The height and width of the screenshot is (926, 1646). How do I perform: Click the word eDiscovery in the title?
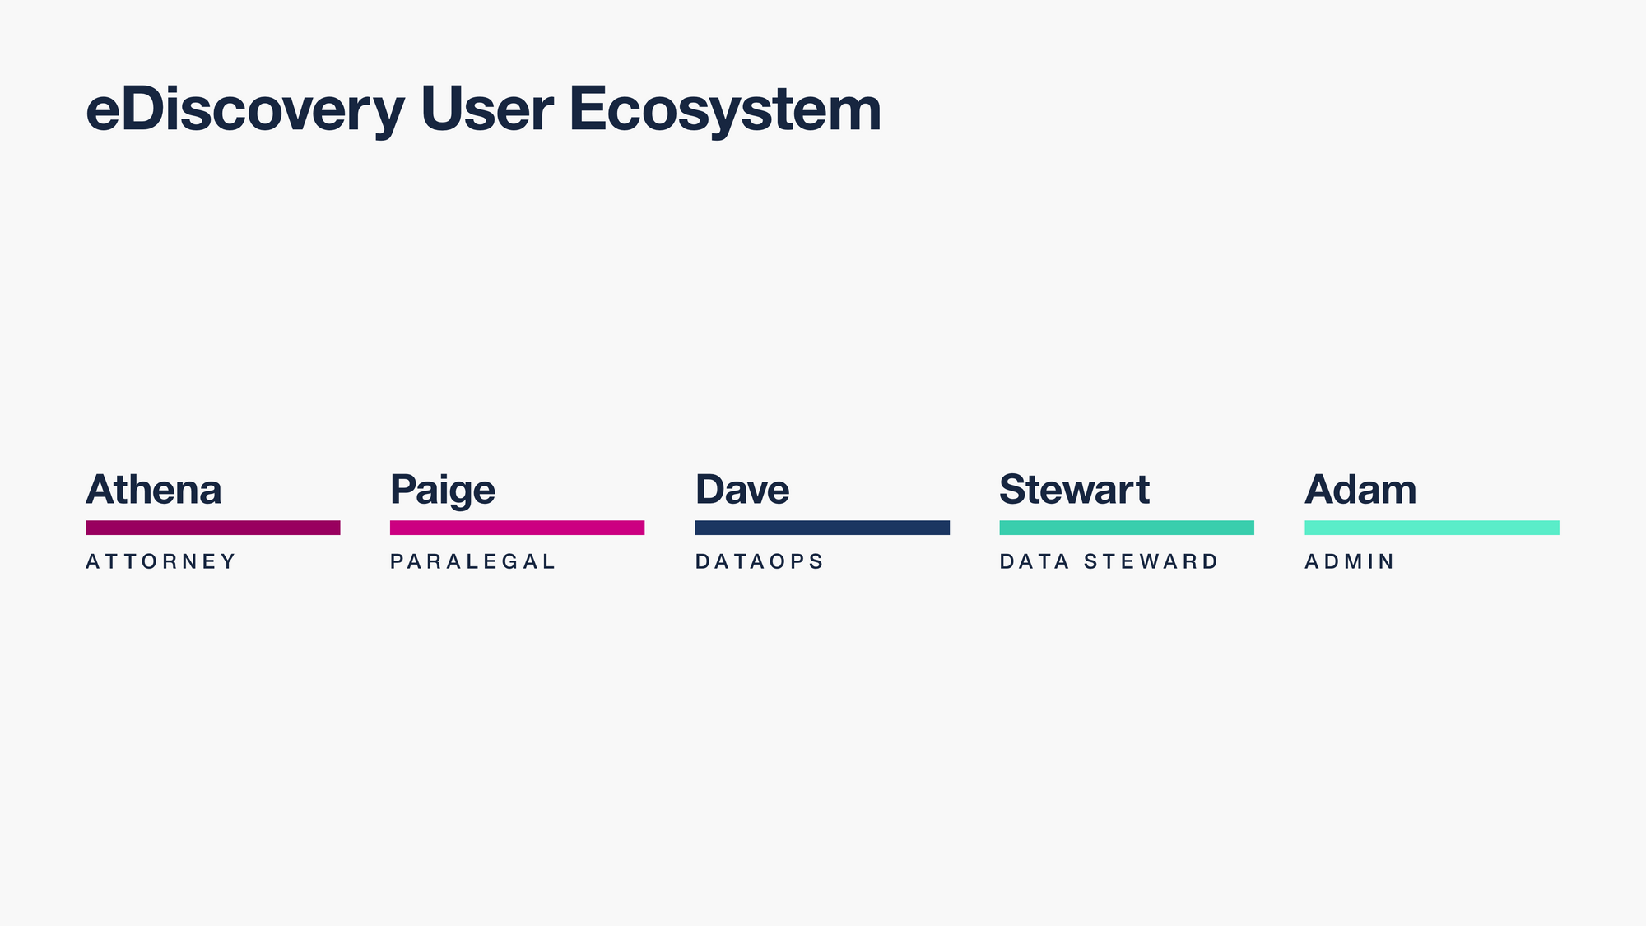click(245, 110)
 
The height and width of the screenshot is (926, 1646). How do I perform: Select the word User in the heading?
click(486, 109)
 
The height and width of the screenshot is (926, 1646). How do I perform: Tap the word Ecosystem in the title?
click(725, 110)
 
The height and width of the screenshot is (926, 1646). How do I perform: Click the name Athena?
click(154, 490)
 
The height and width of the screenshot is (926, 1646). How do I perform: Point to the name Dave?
click(742, 490)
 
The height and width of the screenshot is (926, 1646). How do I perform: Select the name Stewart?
click(1074, 490)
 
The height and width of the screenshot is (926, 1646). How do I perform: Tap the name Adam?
click(1360, 490)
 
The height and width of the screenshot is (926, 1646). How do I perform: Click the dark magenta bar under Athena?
click(213, 528)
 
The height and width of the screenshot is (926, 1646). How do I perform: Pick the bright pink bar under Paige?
click(518, 528)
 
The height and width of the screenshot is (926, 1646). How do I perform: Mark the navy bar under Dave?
click(822, 528)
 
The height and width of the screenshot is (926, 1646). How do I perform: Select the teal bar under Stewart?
click(1127, 528)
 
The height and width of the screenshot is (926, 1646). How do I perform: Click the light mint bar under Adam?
click(1432, 528)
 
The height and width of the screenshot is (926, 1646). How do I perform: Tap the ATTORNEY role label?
click(160, 561)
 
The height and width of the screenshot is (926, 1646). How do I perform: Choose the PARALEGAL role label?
click(473, 561)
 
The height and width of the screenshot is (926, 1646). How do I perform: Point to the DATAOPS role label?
click(759, 561)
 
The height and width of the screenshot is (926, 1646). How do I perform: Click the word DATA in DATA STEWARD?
click(1035, 561)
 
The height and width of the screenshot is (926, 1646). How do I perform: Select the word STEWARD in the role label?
click(1151, 561)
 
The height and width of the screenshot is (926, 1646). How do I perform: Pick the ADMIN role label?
click(1350, 561)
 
